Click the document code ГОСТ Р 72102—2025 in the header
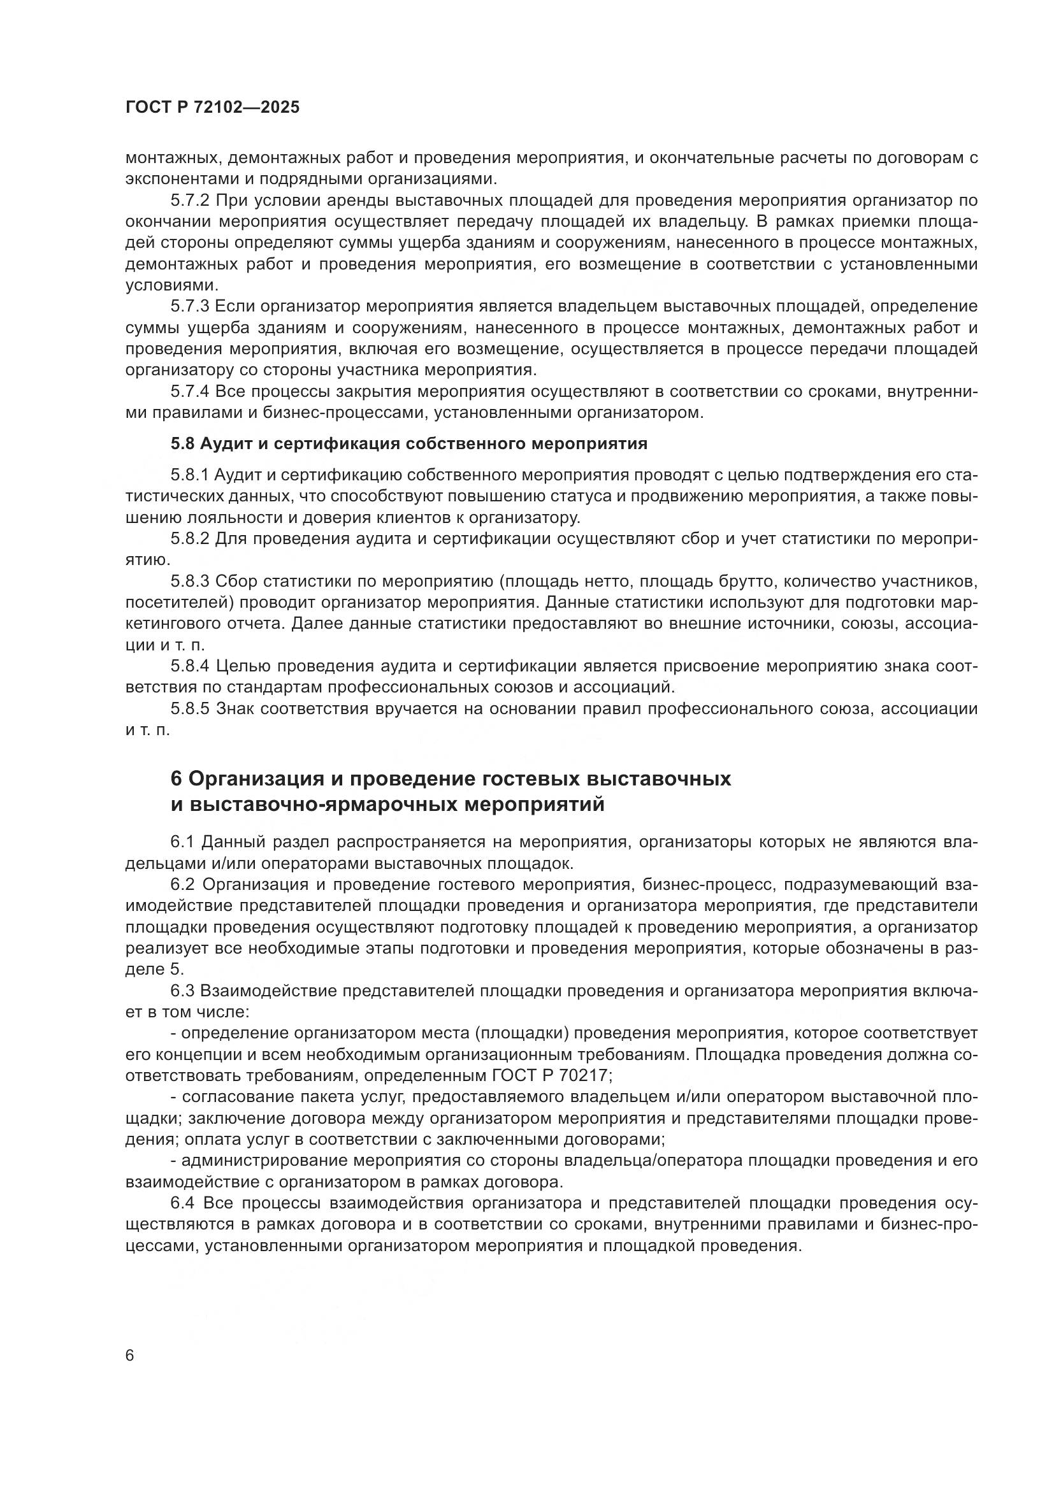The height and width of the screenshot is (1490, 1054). tap(212, 108)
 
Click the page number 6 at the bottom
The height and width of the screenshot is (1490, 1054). tap(130, 1356)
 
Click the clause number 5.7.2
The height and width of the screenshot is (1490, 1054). tap(189, 201)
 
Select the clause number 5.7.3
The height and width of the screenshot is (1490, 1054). tap(189, 306)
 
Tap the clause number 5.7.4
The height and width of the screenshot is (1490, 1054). tap(189, 391)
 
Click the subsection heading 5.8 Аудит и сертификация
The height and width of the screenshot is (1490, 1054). tap(409, 444)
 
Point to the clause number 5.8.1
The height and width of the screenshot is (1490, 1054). tap(189, 476)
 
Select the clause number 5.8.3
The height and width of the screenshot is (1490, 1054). tap(189, 581)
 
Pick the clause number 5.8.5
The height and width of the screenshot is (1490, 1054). tap(189, 708)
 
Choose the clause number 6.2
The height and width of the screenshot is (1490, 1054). tap(182, 885)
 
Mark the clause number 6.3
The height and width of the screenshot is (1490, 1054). tap(182, 991)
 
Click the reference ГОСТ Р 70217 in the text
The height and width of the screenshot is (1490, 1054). tap(547, 1075)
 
